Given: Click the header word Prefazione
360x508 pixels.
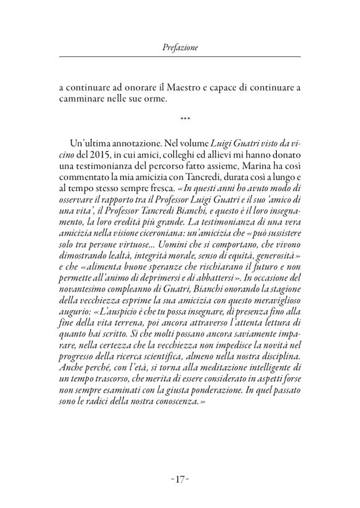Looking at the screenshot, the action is point(179,46).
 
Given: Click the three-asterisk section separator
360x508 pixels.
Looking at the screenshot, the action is point(180,117).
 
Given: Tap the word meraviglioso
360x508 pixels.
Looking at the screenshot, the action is point(271,323).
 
